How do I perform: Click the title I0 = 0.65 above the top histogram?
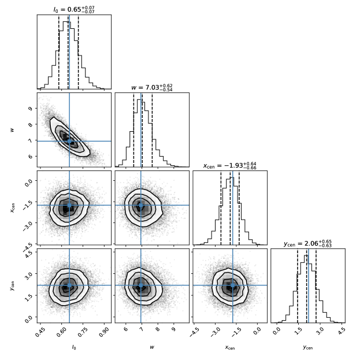74,10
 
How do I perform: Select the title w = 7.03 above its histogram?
152,87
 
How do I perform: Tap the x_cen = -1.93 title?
229,165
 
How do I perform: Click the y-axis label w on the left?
12,129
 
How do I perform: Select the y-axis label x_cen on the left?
12,207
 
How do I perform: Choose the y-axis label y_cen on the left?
12,285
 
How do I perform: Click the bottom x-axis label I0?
73,347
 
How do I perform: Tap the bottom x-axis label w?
152,347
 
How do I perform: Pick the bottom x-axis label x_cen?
229,348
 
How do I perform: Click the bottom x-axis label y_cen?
307,348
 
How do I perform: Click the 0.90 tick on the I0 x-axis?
103,332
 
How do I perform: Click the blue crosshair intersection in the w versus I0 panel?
69,141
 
